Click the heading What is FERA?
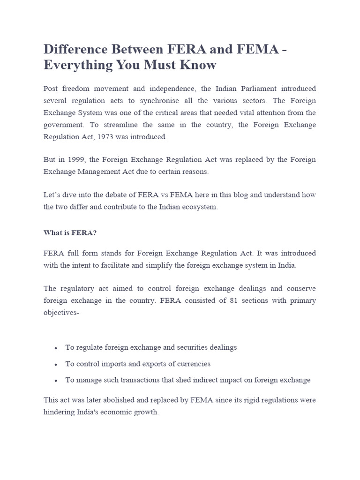click(70, 232)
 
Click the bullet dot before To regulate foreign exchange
click(56, 348)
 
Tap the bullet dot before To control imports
click(56, 364)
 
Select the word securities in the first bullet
click(193, 347)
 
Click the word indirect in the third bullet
click(208, 380)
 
